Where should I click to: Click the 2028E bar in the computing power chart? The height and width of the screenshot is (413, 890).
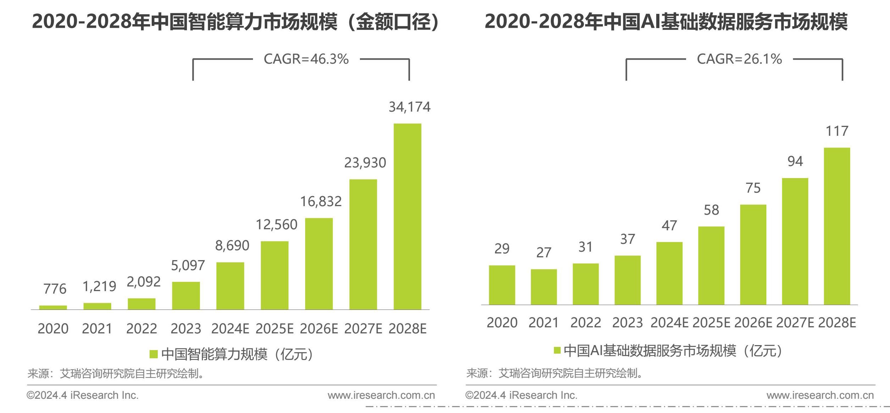point(407,216)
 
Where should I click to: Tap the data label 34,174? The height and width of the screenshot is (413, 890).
point(409,107)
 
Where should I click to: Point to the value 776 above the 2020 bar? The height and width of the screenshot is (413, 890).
point(55,289)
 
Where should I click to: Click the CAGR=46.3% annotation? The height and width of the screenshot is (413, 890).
point(306,59)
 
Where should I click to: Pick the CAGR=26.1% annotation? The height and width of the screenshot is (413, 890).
point(739,59)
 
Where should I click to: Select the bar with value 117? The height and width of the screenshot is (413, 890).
point(837,226)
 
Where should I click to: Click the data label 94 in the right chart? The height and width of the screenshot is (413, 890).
point(795,161)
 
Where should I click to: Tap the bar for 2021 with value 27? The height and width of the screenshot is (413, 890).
point(544,287)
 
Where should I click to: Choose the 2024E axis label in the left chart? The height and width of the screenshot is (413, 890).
point(230,328)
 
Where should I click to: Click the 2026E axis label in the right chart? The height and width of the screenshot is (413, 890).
point(753,323)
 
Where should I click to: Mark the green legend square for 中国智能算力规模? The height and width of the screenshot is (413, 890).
point(153,354)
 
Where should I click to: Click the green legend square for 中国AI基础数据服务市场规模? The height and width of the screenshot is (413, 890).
point(557,350)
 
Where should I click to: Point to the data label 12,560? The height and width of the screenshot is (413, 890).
point(276,225)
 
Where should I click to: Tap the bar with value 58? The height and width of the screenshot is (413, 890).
point(711,265)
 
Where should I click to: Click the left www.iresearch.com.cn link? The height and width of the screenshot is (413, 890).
point(381,395)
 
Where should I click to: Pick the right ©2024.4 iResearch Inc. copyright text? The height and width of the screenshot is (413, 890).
point(521,395)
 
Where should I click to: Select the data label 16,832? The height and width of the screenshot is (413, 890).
point(321,202)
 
